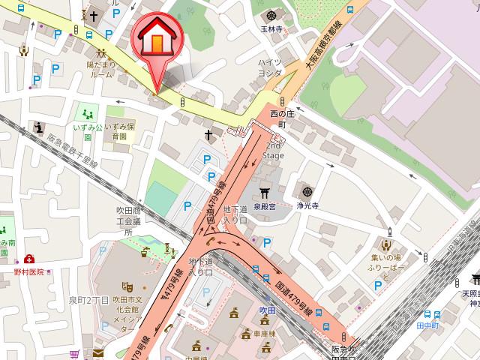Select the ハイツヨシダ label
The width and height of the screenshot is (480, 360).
[270, 67]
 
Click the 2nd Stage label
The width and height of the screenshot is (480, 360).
[272, 151]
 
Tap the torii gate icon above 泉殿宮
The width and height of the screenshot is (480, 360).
[264, 191]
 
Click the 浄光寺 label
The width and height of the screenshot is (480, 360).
[307, 203]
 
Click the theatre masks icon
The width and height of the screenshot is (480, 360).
[127, 286]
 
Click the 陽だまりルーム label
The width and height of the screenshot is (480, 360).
[100, 70]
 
